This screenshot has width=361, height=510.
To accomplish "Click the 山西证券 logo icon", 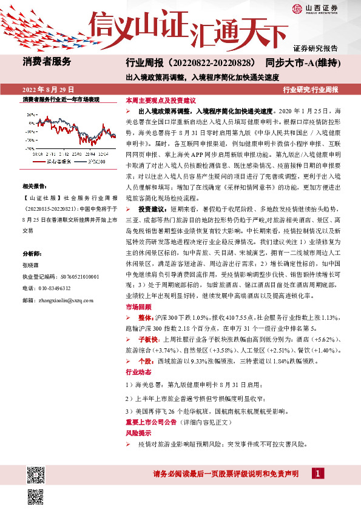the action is [x=296, y=8].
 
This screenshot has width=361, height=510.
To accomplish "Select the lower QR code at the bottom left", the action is [x=35, y=497].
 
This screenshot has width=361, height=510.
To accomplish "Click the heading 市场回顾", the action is [x=136, y=307].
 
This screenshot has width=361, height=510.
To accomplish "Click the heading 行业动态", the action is [x=136, y=372].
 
